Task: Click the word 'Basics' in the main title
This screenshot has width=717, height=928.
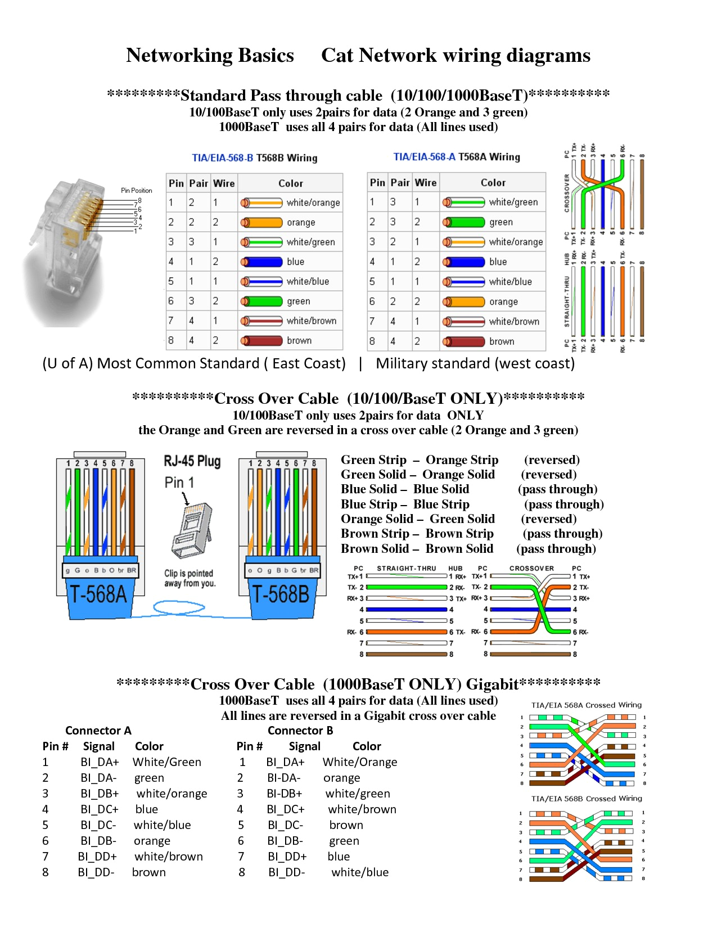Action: [266, 56]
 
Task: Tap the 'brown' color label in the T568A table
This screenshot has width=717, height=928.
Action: [502, 341]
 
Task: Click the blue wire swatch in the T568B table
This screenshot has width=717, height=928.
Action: [261, 262]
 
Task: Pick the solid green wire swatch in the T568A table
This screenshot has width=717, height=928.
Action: [463, 222]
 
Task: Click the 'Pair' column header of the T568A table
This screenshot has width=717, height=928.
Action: [400, 183]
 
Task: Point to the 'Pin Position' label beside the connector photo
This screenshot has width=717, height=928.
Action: [137, 191]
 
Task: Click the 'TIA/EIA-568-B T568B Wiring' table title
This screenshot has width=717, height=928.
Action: [255, 158]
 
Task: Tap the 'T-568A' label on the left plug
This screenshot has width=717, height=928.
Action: [98, 594]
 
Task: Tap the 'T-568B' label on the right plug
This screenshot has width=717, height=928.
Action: [281, 594]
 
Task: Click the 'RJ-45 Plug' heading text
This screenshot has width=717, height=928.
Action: [192, 461]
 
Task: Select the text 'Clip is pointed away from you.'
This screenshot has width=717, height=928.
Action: [189, 578]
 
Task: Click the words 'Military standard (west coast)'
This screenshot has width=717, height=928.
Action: [475, 363]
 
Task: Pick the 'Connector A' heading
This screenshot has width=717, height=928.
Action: [98, 731]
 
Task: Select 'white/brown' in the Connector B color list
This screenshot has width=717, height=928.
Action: [362, 809]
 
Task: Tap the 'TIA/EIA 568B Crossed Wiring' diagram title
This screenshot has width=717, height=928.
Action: [586, 799]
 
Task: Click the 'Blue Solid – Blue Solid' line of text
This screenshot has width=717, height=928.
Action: [405, 489]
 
